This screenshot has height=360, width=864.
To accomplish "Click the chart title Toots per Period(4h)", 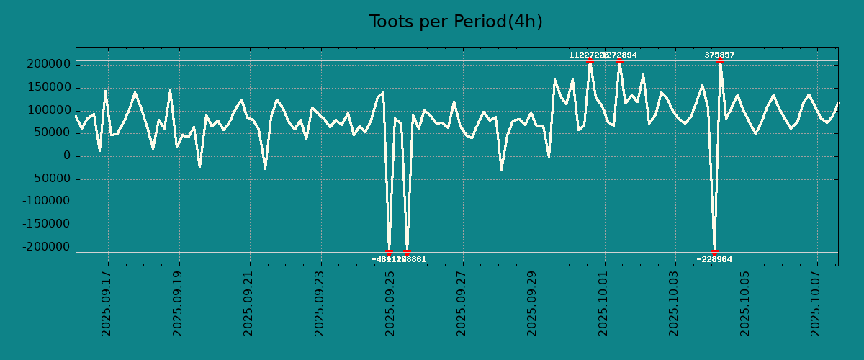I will click(456, 22).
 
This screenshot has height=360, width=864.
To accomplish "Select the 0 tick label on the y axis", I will click(66, 156).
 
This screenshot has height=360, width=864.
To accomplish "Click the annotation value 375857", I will click(719, 55).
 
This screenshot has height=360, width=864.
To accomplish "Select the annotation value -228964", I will click(714, 259).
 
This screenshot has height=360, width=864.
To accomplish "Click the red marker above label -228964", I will click(714, 252).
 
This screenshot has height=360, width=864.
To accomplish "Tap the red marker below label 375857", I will click(720, 60).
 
